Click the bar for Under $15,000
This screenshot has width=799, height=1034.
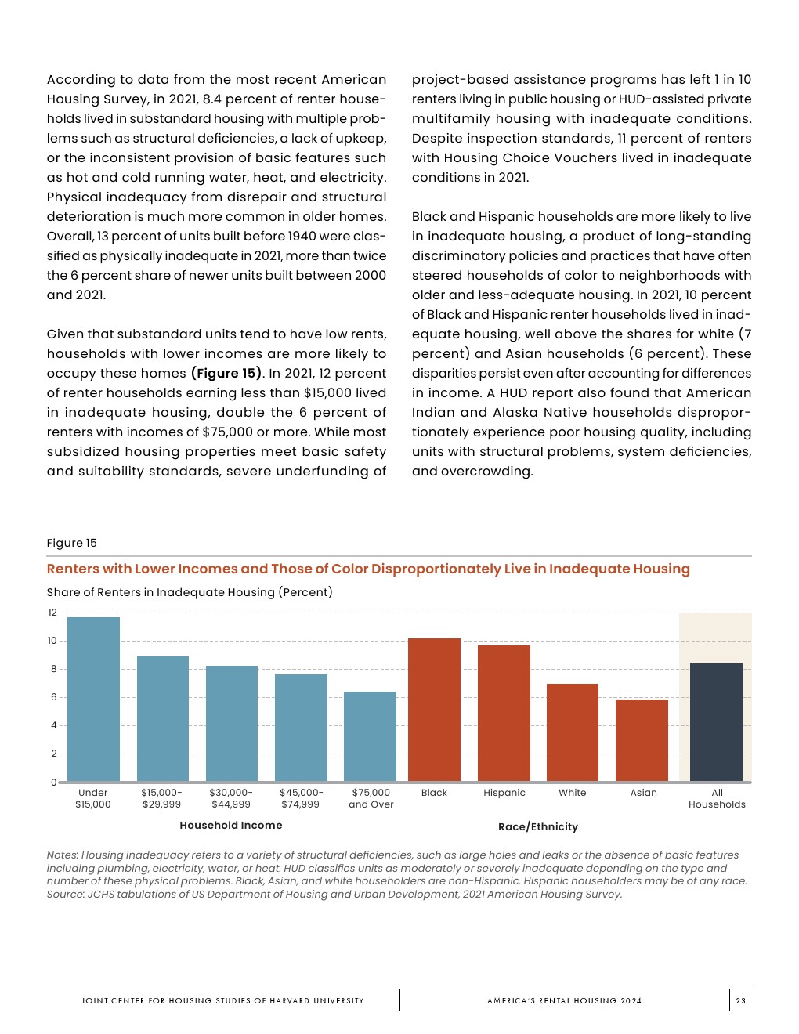point(93,699)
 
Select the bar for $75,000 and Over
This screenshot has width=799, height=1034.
point(370,736)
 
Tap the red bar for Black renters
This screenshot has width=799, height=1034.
point(434,710)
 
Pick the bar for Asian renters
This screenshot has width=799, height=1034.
point(642,740)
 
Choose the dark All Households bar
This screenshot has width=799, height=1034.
point(716,722)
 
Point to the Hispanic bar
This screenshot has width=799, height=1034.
point(504,713)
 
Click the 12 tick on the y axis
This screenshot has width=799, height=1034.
point(52,613)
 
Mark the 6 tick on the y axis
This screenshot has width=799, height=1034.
point(54,697)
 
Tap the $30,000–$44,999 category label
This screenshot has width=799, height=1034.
point(231,798)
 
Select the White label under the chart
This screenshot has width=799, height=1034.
point(573,793)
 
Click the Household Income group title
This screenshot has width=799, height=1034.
point(231,825)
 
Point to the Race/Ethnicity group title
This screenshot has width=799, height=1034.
point(538,826)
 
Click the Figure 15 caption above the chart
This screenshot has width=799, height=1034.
point(72,543)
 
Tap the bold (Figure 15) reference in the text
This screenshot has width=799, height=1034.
point(226,373)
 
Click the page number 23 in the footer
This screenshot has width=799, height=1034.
point(741,1000)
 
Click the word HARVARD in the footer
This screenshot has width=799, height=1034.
point(290,1000)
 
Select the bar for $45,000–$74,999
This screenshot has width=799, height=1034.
point(301,728)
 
